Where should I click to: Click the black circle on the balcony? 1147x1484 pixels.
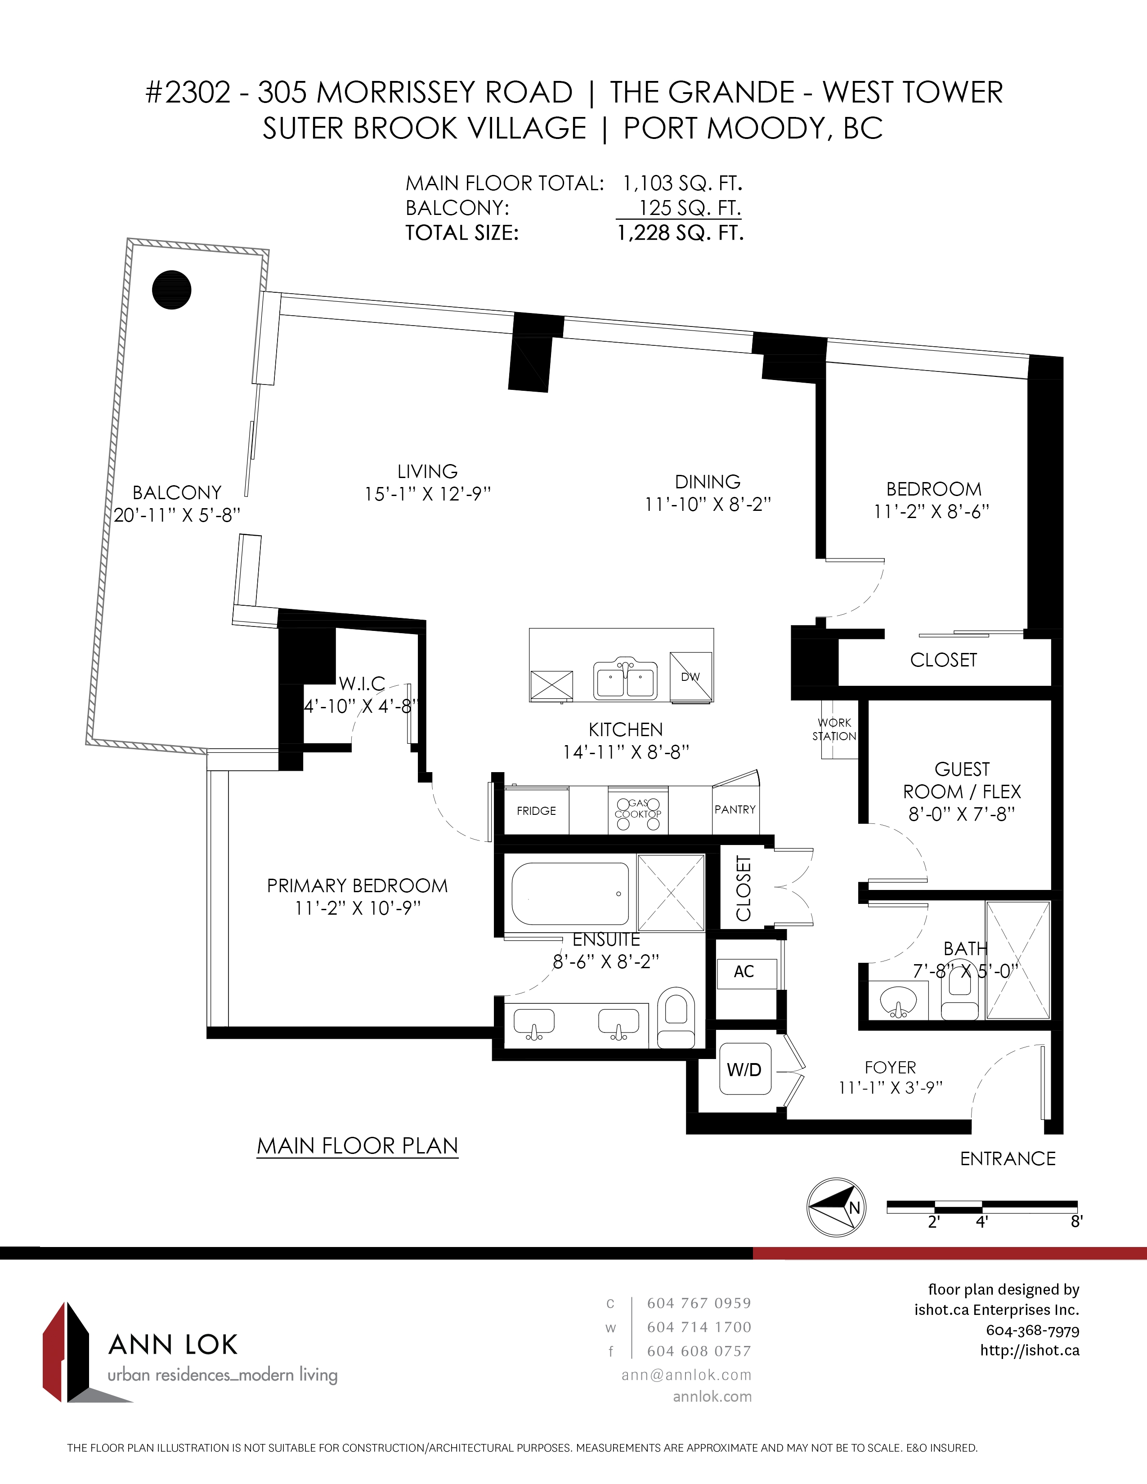[x=171, y=290]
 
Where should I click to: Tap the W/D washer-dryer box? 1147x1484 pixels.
[x=745, y=1069]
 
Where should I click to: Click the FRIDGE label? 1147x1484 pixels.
[x=536, y=811]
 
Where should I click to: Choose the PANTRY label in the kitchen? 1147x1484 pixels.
[x=735, y=809]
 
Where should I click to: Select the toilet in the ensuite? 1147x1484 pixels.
[x=676, y=1017]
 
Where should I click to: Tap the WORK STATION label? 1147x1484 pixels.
[x=834, y=729]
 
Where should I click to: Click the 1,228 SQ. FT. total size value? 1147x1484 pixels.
[x=680, y=233]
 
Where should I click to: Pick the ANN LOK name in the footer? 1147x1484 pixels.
[x=173, y=1345]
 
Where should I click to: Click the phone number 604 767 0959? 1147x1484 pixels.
[x=699, y=1303]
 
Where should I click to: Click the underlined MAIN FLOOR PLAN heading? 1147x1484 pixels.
[x=358, y=1146]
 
